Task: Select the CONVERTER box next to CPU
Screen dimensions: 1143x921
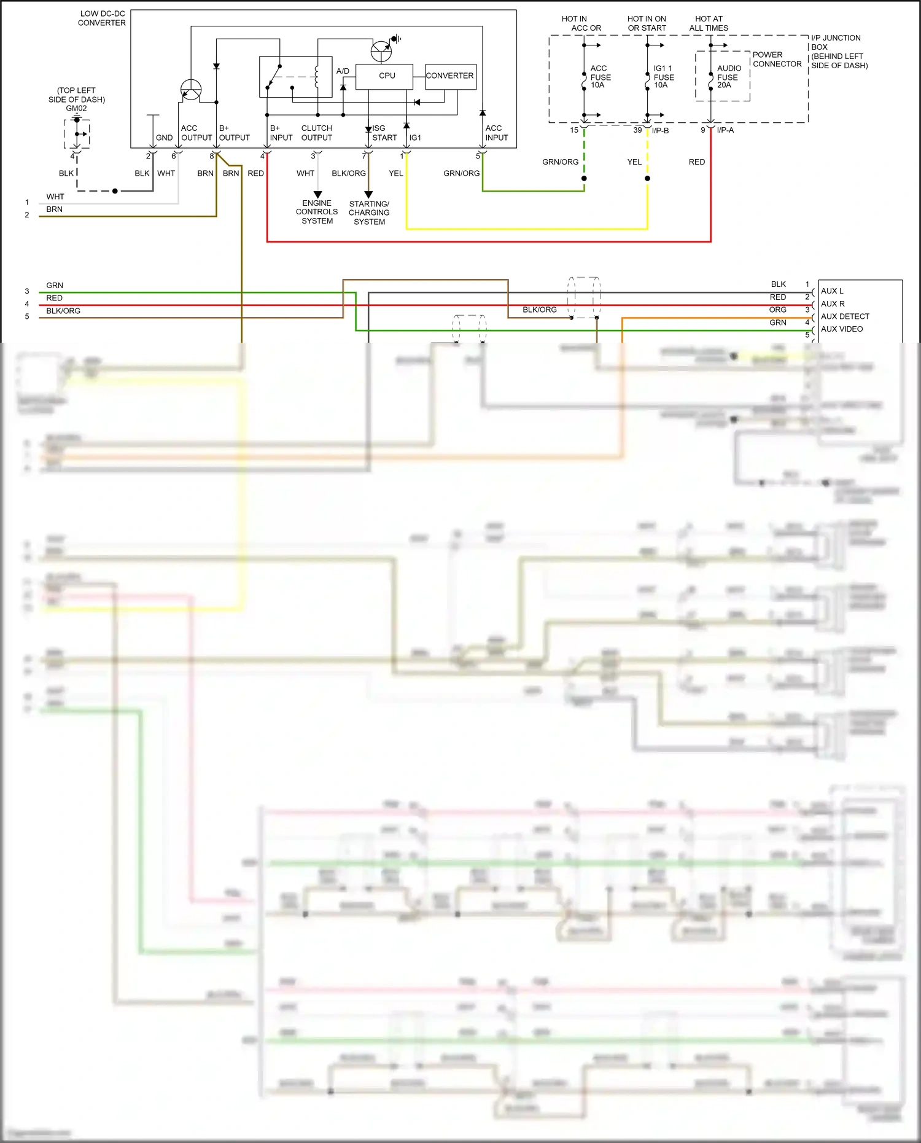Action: click(450, 76)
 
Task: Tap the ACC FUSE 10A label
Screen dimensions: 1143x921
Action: click(600, 77)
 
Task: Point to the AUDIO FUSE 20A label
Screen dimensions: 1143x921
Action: click(728, 77)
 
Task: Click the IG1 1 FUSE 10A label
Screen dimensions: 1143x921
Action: click(663, 77)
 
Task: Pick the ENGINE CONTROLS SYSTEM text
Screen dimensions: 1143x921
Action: click(317, 212)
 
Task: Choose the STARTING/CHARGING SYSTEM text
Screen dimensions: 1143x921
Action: click(369, 213)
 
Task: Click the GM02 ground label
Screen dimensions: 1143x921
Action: click(76, 108)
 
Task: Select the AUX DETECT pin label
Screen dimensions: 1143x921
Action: click(845, 316)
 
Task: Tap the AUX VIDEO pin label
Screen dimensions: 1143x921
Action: click(842, 329)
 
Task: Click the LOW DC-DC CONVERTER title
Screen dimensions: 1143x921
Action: click(102, 18)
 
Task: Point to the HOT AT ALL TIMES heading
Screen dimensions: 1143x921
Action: click(709, 23)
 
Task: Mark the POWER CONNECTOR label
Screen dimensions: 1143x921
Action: click(777, 59)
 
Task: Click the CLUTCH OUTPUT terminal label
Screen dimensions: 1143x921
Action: click(316, 133)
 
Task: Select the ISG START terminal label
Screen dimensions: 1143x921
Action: click(384, 133)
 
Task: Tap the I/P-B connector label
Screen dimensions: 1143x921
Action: click(660, 130)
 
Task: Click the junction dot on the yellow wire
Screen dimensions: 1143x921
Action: click(647, 179)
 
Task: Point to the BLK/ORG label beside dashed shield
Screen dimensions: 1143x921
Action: click(539, 310)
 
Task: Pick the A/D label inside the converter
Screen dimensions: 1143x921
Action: click(343, 71)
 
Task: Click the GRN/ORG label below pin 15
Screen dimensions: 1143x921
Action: click(560, 162)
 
